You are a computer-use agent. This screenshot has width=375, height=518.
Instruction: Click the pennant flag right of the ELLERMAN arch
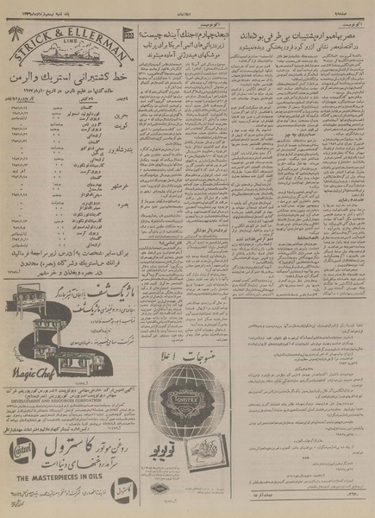pyautogui.click(x=128, y=35)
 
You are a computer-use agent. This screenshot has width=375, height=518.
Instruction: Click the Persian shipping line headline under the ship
pyautogui.click(x=70, y=79)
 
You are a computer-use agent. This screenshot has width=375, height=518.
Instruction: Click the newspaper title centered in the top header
pyautogui.click(x=184, y=6)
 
